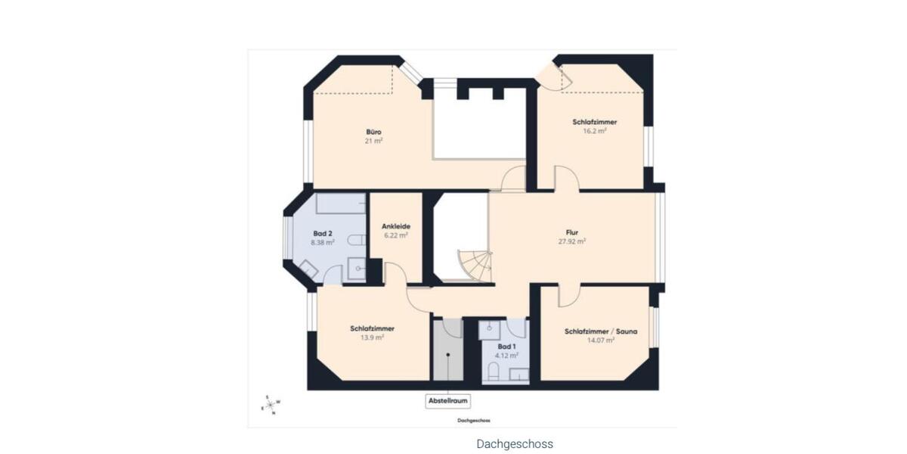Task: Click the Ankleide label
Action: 395,225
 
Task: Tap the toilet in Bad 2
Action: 356,240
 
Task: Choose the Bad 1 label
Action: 506,347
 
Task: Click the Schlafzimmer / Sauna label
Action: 600,331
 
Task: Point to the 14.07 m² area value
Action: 600,340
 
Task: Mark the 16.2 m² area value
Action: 595,130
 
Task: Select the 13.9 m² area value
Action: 372,337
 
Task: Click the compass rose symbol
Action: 270,405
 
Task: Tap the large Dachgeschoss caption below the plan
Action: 515,444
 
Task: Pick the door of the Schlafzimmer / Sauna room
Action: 568,296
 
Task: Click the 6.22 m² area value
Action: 395,235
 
